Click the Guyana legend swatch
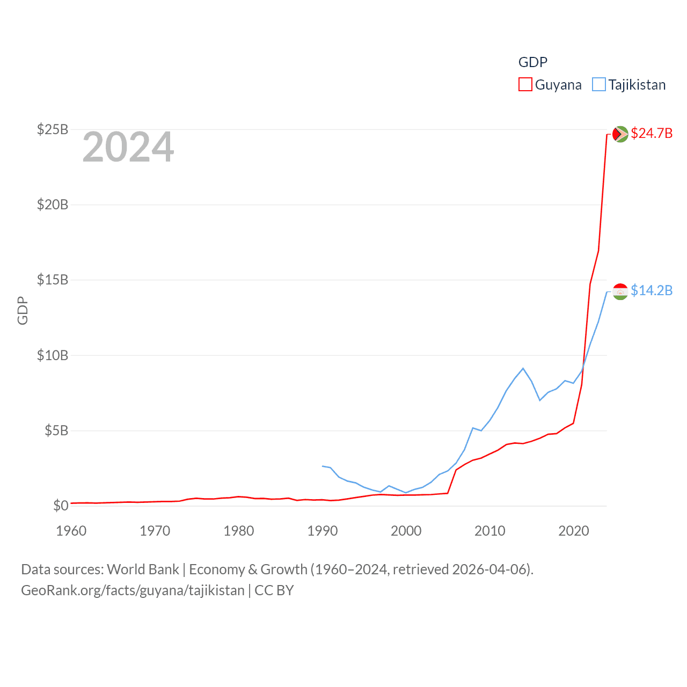tap(525, 85)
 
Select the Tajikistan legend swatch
tap(598, 85)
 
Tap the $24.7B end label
tap(652, 133)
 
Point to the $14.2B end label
tap(652, 290)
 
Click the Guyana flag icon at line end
tap(620, 134)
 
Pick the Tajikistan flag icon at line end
tap(620, 291)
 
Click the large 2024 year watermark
tap(128, 147)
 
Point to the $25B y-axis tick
tap(53, 129)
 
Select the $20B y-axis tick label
tap(53, 204)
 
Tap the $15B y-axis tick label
tap(53, 280)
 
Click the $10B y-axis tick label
tap(53, 355)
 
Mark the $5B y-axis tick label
tap(56, 430)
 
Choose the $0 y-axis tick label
tap(61, 506)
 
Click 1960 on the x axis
tap(71, 531)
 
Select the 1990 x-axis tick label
tap(323, 531)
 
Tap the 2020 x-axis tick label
tap(574, 531)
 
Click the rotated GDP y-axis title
tap(23, 310)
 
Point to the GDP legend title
tap(532, 62)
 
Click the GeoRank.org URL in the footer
tap(133, 590)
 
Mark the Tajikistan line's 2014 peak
tap(523, 368)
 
